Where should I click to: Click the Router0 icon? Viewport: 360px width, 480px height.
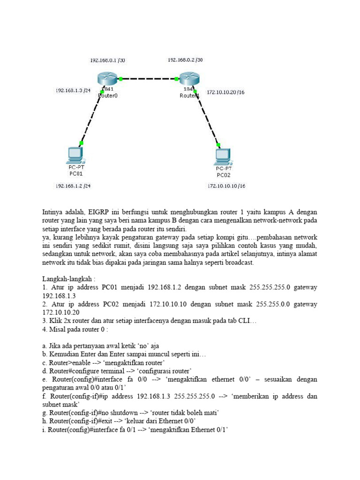107,79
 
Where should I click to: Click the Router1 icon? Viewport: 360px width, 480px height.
188,79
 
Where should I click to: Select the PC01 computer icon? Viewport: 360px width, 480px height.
75,155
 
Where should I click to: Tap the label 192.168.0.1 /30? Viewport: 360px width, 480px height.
107,60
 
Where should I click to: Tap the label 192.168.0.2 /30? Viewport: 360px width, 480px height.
186,60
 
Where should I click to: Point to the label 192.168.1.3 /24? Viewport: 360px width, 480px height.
73,90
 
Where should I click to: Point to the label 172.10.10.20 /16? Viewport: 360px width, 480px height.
225,92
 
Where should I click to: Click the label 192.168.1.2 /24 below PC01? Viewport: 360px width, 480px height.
73,186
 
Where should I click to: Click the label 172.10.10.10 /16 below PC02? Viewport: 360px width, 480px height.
226,186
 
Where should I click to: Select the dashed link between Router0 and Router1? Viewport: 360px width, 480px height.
149,79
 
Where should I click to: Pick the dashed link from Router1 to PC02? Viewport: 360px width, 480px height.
206,117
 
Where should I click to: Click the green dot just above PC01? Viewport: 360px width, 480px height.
81,143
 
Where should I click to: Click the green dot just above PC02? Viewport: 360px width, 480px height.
218,145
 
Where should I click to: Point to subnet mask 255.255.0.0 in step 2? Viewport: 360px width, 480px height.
275,304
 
